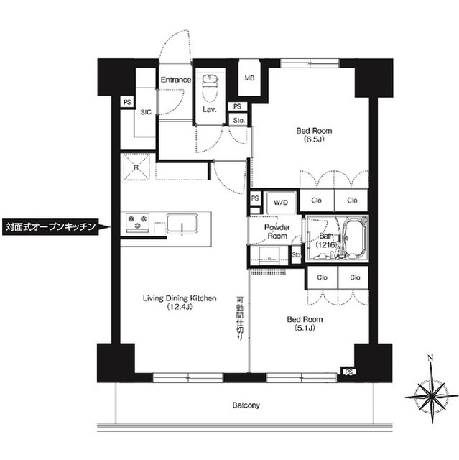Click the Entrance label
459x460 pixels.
[x=175, y=79]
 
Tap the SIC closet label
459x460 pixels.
[x=145, y=112]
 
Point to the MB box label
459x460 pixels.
[x=249, y=78]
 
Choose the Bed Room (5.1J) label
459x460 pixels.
[x=305, y=323]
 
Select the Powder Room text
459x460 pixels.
[x=277, y=231]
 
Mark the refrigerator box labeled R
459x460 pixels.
[x=136, y=167]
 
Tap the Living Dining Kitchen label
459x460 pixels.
[x=178, y=303]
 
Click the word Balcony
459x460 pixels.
[x=245, y=405]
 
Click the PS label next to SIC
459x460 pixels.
[x=126, y=102]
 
